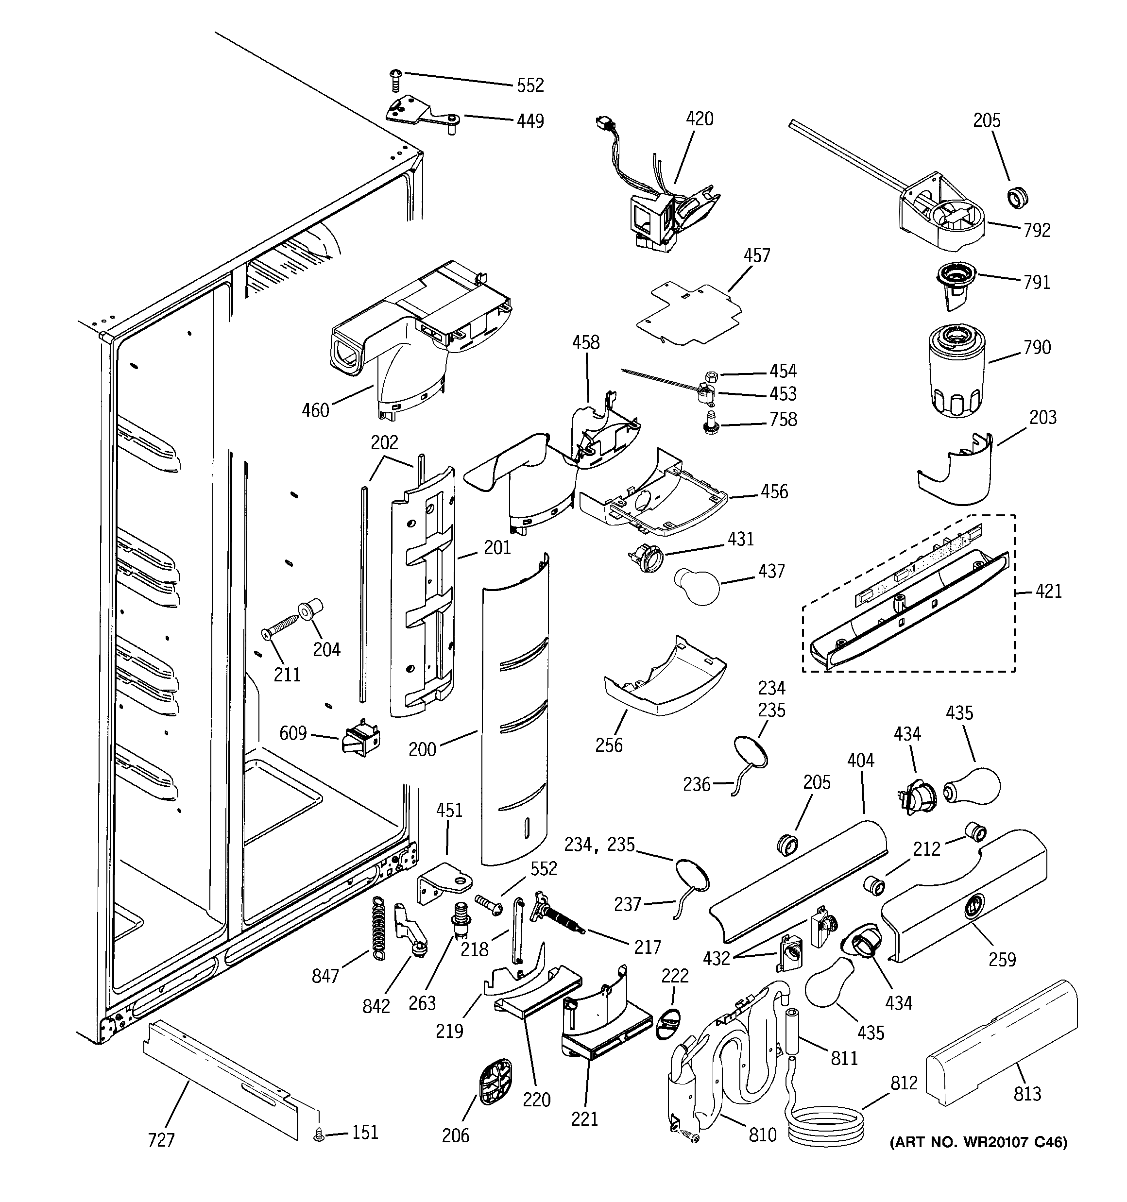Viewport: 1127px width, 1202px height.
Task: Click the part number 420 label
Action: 700,119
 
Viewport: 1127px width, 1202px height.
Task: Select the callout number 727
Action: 161,1140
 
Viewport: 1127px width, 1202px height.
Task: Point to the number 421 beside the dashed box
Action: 1048,591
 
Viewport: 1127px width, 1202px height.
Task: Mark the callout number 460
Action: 315,410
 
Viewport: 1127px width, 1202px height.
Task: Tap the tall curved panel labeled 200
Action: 515,713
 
